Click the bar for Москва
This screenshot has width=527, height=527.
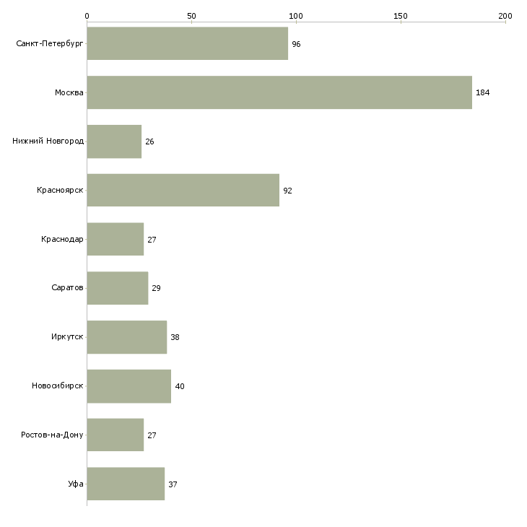point(279,92)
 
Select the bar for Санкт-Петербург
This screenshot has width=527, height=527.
point(188,43)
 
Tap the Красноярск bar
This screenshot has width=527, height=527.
point(183,191)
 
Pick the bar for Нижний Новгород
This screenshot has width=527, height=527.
point(114,141)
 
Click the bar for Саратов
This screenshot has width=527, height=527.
point(118,288)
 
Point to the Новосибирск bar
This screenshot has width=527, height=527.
point(129,386)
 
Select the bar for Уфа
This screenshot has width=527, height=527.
point(126,484)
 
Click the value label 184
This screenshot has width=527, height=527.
point(483,92)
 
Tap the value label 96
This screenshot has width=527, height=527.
point(296,44)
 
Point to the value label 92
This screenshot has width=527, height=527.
point(287,191)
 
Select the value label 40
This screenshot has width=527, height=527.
point(180,386)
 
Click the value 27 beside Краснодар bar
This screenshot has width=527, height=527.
point(152,240)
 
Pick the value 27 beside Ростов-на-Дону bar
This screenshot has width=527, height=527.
point(152,435)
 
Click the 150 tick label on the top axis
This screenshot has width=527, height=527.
point(401,16)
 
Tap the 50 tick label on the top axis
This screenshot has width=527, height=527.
point(191,16)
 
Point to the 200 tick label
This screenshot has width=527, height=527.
point(505,16)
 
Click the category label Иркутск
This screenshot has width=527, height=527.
point(67,336)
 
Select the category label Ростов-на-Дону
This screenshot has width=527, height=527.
point(52,435)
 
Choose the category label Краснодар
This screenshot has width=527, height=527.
point(62,239)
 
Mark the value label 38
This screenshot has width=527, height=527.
point(175,337)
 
